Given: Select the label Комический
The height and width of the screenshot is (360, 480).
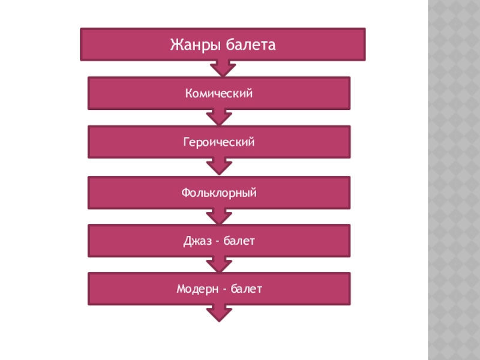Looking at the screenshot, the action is [x=219, y=94].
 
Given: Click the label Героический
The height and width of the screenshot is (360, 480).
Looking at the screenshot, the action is [x=219, y=143].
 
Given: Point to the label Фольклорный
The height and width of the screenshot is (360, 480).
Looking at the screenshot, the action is [x=219, y=193].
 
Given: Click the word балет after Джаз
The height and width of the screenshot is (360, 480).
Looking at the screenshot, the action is [x=240, y=241].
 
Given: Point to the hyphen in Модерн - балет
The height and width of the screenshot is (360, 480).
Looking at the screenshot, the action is [x=224, y=290].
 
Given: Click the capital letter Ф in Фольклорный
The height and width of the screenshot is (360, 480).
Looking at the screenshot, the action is [x=185, y=193].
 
